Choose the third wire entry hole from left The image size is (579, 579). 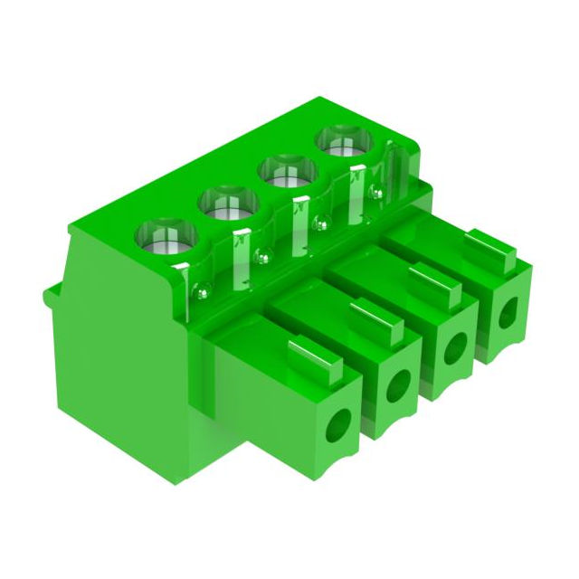(x=454, y=346)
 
